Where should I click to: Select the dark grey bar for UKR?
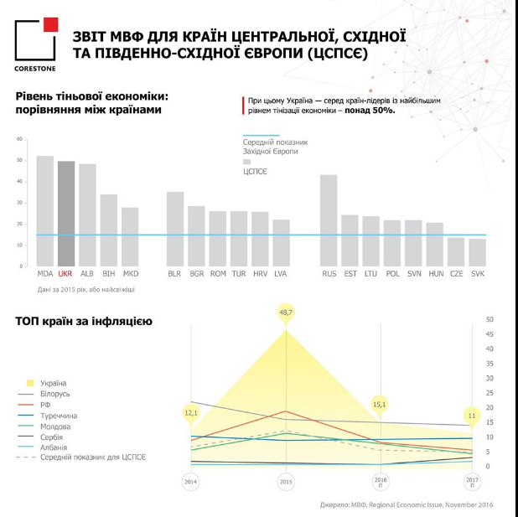(x=66, y=214)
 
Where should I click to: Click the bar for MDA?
(x=45, y=211)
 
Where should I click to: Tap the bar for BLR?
(x=175, y=229)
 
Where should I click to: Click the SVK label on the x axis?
(x=477, y=273)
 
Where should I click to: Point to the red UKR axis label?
(x=66, y=273)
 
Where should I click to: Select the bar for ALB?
(x=88, y=215)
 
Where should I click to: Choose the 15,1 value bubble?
(x=379, y=404)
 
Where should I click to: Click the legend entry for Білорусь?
(x=54, y=393)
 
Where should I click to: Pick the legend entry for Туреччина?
(x=59, y=415)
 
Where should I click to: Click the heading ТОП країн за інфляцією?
(x=83, y=321)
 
